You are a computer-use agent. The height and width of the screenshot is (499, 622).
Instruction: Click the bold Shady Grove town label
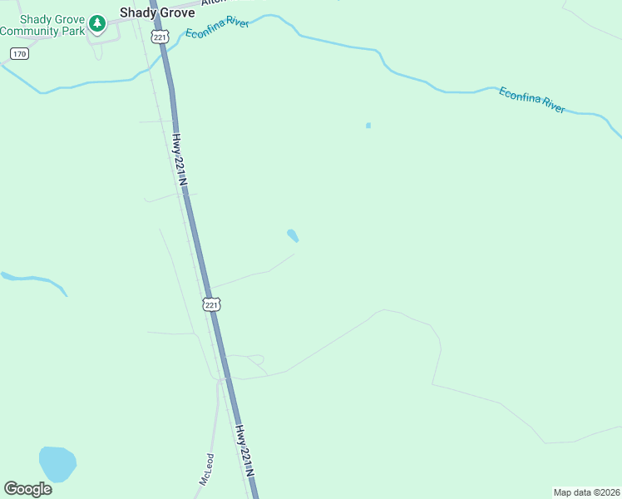[157, 12]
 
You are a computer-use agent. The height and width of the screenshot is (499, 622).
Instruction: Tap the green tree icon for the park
[97, 23]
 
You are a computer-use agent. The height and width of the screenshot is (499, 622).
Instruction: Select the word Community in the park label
[32, 32]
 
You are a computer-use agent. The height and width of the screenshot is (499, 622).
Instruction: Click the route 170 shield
[19, 54]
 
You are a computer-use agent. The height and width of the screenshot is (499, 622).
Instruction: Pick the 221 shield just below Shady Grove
[160, 37]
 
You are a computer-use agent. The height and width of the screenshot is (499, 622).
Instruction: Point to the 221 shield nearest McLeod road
[212, 304]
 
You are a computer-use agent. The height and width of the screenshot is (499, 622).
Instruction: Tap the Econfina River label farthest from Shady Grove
[532, 100]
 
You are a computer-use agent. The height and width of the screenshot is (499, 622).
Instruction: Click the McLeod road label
[206, 470]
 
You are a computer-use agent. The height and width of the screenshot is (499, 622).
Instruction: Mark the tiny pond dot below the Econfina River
[368, 126]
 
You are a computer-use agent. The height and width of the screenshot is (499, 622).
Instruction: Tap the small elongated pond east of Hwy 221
[293, 235]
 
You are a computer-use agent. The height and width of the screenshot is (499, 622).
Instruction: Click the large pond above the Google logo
[57, 463]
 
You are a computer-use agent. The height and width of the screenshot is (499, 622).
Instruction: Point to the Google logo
[27, 489]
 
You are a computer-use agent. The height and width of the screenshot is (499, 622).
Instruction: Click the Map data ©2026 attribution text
[587, 492]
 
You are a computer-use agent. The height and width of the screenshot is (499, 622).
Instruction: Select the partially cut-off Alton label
[213, 3]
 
